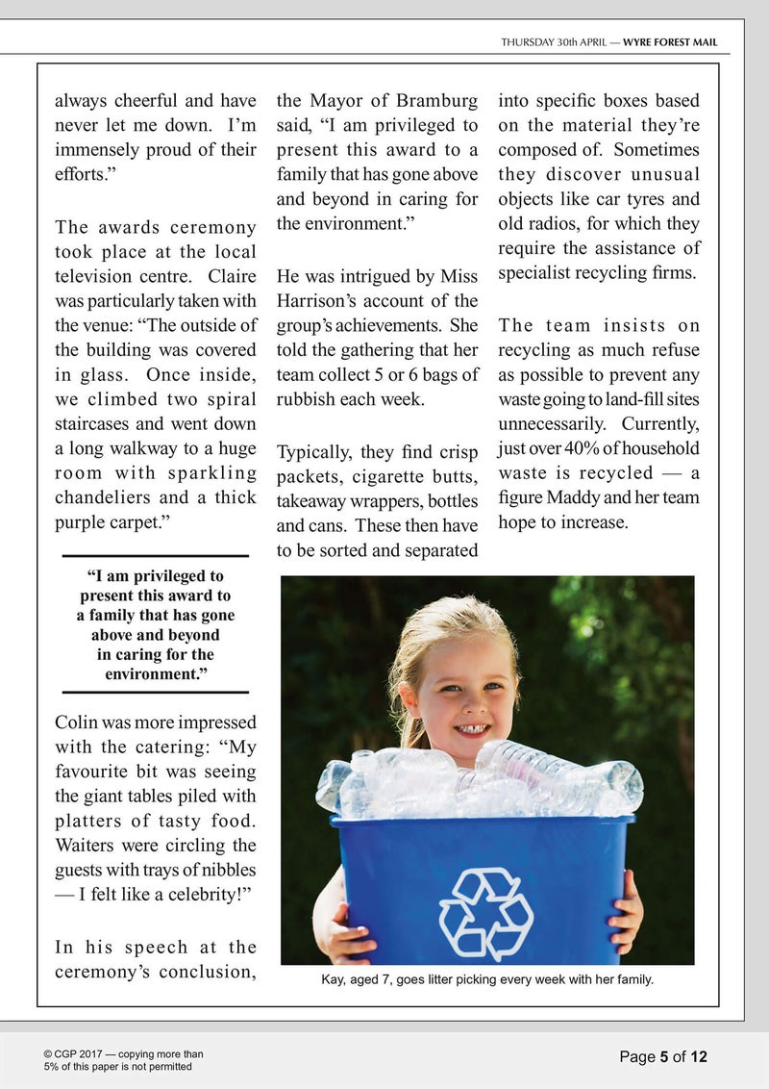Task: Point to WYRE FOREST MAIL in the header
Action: pos(670,42)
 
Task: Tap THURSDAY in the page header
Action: pos(527,42)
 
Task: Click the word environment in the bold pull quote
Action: pos(156,674)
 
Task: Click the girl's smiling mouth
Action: pos(470,729)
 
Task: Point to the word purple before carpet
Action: pos(83,522)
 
